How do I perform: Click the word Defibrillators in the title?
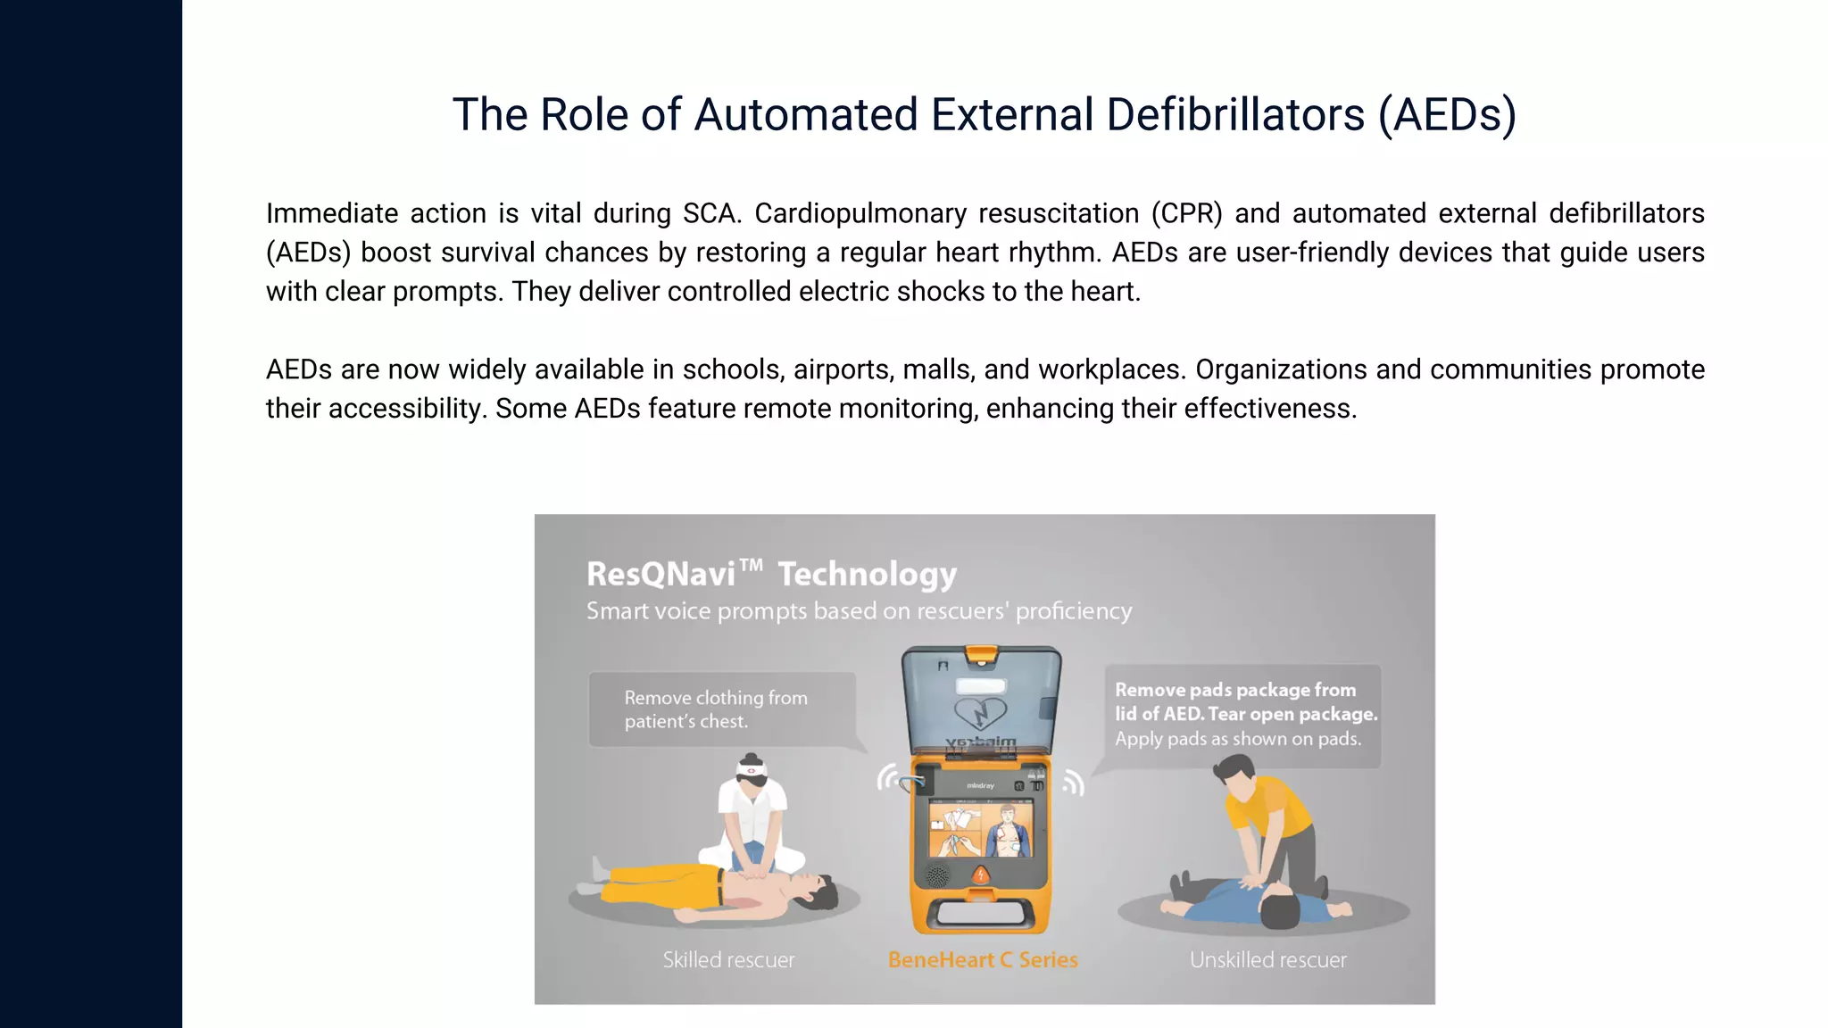(x=1235, y=115)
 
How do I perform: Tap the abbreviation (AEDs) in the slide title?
(x=1447, y=115)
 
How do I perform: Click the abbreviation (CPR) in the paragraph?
(x=1186, y=214)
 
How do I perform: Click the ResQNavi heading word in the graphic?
(x=661, y=574)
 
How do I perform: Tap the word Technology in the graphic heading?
(x=867, y=574)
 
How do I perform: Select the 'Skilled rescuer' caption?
(x=728, y=960)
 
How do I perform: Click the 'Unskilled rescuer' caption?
(x=1267, y=960)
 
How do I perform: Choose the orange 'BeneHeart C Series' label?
(x=983, y=960)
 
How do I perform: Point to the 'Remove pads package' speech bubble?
(x=1242, y=715)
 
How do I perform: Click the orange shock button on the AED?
(x=980, y=875)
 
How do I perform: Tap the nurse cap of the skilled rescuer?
(x=751, y=768)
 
